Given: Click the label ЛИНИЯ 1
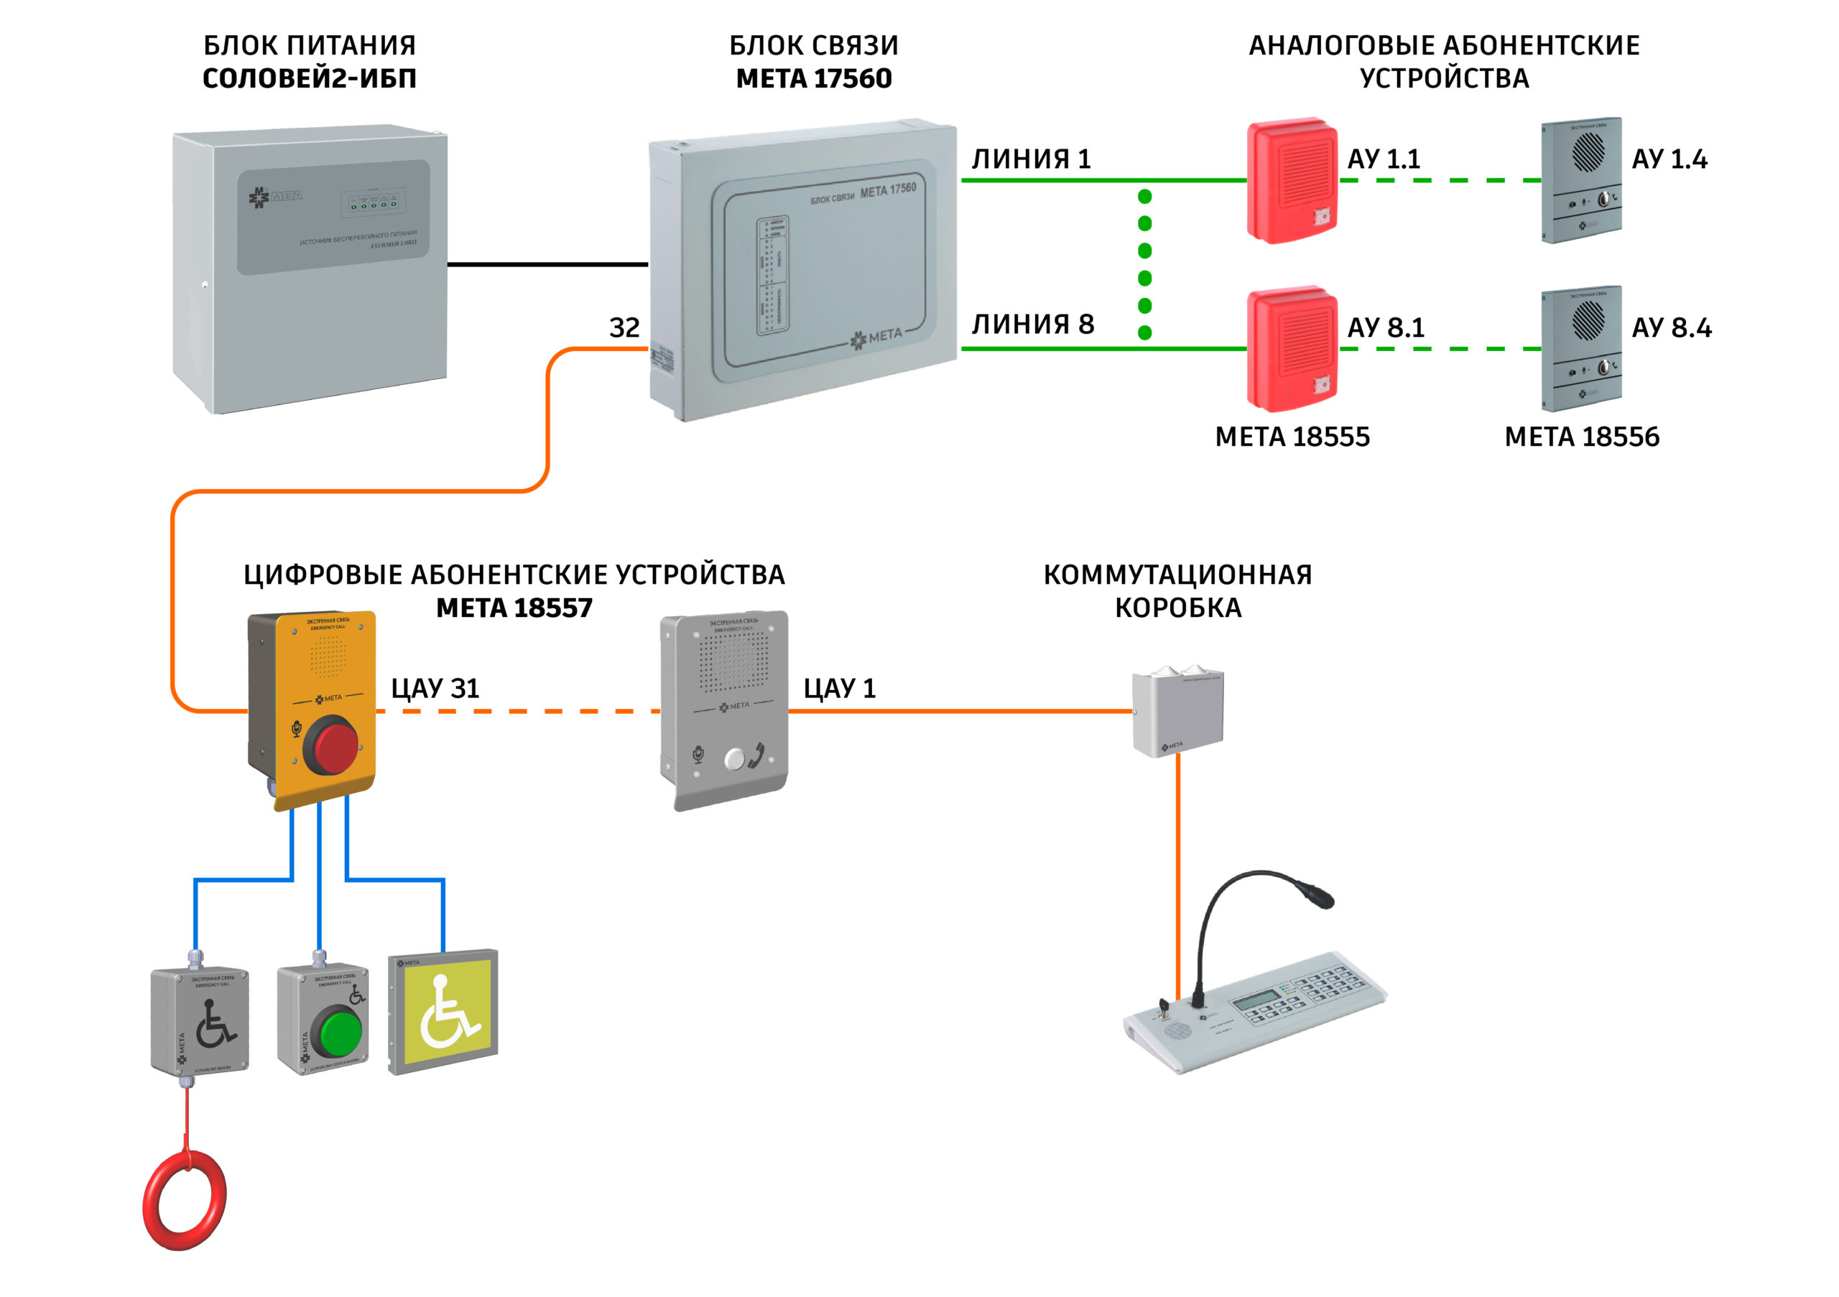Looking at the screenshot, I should pos(1031,159).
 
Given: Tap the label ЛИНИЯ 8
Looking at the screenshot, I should pos(1032,325).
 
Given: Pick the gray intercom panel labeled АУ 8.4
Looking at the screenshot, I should pos(1582,348).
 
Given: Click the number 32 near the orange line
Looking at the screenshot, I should pos(624,327).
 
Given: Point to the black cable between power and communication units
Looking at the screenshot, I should pos(547,264).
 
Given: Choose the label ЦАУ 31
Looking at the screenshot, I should pos(435,689).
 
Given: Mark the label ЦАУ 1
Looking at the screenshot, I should pos(840,689).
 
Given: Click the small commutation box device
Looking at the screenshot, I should pos(1177,712).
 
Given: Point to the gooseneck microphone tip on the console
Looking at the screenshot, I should pos(1318,894).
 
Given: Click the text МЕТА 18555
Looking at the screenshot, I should pos(1292,437).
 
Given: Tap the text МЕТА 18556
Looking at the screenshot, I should pos(1582,437).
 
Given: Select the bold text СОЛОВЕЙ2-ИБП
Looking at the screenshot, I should pos(309,78).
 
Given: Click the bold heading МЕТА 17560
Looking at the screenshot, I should pos(814,78).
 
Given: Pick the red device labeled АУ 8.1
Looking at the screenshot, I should pos(1292,348).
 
